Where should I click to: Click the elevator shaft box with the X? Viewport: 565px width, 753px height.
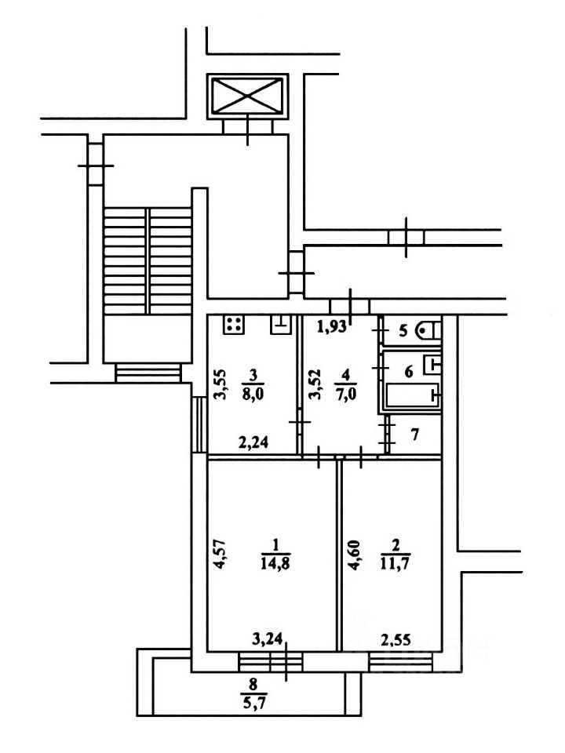pos(247,96)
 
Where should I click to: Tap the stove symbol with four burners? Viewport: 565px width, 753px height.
pos(234,325)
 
